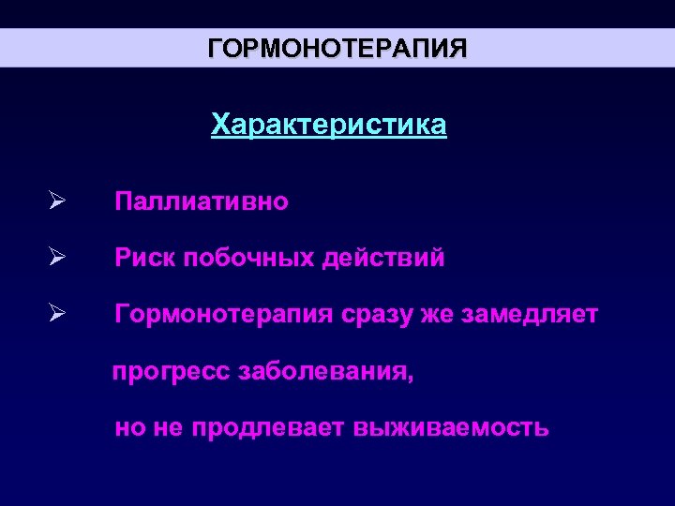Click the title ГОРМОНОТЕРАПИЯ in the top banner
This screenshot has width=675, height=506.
tap(337, 48)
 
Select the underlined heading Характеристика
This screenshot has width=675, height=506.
tap(329, 125)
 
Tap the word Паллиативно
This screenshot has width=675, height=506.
tap(202, 201)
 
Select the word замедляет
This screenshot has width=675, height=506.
tap(530, 315)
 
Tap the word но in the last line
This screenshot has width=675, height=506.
tap(128, 429)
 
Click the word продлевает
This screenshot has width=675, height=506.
tap(269, 429)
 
